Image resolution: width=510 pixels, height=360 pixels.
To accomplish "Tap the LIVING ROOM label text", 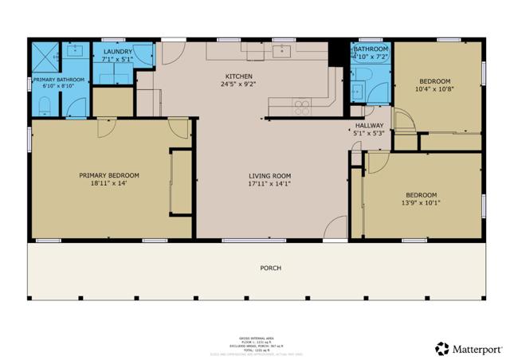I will (269, 176).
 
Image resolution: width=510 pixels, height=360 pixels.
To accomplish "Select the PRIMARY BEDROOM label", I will (109, 176).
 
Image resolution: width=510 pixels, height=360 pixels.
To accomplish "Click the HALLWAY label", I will (369, 125).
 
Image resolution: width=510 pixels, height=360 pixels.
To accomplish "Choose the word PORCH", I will (270, 268).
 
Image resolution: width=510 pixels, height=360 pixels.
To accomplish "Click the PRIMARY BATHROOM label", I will (60, 80).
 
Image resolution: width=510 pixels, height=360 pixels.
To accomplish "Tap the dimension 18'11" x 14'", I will (109, 184).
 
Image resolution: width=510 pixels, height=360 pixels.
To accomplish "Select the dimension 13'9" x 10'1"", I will (421, 202).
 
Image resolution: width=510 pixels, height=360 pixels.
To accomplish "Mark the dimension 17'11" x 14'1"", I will (269, 184).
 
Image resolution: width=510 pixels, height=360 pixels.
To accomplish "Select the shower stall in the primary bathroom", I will (43, 55).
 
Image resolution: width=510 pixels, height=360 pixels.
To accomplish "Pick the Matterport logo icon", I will (441, 348).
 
